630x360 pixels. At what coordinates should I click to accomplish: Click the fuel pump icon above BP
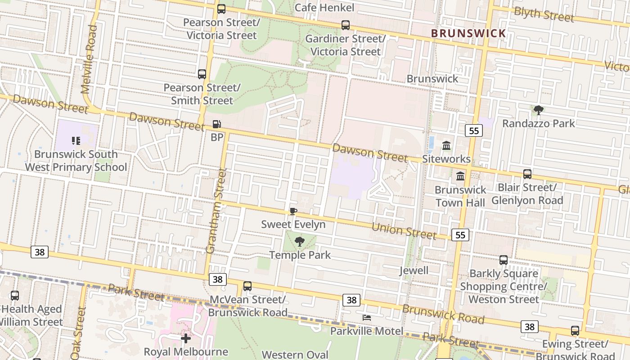(x=216, y=124)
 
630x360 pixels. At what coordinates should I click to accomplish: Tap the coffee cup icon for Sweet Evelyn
(x=293, y=211)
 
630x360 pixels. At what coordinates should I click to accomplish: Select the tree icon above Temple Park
(x=299, y=242)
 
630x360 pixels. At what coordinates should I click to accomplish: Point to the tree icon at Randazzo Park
(x=538, y=110)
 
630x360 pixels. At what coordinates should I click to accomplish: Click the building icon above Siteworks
(x=446, y=146)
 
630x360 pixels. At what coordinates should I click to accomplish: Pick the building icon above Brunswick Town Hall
(x=460, y=176)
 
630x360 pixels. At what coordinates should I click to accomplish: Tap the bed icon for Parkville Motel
(x=367, y=318)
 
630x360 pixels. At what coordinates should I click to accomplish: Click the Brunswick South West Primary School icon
(x=76, y=141)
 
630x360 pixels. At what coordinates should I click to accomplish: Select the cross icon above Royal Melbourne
(x=186, y=338)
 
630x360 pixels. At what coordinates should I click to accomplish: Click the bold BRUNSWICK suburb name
(x=468, y=33)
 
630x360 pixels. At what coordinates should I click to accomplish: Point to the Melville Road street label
(x=89, y=59)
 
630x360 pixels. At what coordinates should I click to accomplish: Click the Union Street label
(x=404, y=230)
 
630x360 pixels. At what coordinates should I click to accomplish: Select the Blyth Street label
(x=544, y=14)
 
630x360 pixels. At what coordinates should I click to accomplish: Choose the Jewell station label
(x=414, y=270)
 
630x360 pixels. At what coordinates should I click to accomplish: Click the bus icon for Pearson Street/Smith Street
(x=202, y=74)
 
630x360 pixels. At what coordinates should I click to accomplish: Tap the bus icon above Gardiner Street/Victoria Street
(x=345, y=25)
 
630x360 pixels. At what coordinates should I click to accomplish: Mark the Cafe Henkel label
(x=324, y=8)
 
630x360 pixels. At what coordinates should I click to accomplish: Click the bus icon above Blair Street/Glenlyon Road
(x=527, y=174)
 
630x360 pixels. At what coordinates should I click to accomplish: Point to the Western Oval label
(x=295, y=355)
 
